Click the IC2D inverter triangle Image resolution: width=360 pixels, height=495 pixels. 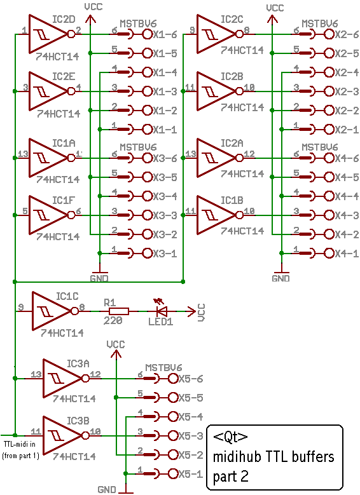point(48,34)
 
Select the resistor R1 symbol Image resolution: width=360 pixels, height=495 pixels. point(118,311)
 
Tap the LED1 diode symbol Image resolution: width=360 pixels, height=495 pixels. point(162,311)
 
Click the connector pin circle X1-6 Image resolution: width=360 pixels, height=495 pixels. point(148,34)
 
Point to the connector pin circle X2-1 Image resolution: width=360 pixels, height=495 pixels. point(329,130)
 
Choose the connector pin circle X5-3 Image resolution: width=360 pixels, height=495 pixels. point(173,436)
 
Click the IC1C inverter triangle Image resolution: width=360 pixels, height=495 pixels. point(52,311)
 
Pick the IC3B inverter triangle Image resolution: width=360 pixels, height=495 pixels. point(62,436)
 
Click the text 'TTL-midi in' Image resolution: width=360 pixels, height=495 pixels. point(20,444)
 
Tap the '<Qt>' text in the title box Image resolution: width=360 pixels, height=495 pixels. point(230,437)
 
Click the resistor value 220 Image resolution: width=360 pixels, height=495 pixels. point(113,321)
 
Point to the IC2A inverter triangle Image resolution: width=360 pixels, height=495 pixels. point(216,158)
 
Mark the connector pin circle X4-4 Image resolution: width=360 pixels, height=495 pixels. point(329,196)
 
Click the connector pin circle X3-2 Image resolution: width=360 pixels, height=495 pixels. point(148,234)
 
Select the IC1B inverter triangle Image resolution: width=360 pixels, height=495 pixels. point(216,215)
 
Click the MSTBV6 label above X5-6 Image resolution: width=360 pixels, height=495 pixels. point(163,368)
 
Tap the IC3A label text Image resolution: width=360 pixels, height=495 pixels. point(78,363)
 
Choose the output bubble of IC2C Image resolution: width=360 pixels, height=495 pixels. point(240,34)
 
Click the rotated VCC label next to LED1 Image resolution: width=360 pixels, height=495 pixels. point(202,313)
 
